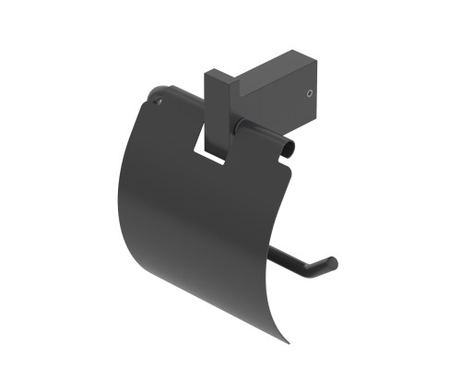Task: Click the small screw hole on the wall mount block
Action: pos(310,92)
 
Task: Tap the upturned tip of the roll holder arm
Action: pos(332,264)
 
